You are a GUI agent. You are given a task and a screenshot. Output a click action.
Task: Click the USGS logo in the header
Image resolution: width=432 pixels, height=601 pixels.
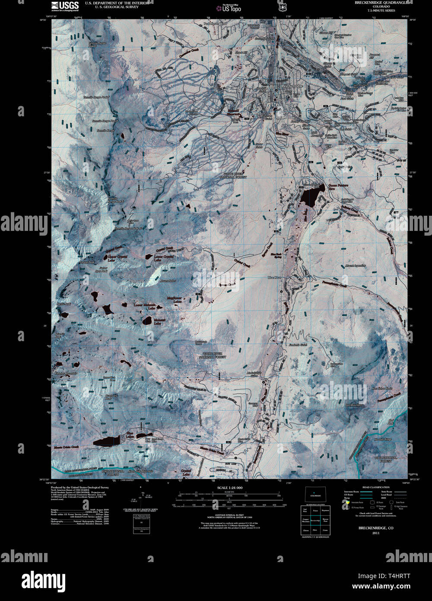click(65, 6)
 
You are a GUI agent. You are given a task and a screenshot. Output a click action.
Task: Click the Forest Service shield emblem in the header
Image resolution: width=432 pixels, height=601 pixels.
click(283, 7)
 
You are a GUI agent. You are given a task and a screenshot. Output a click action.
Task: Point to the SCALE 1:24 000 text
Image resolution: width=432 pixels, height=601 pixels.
click(229, 488)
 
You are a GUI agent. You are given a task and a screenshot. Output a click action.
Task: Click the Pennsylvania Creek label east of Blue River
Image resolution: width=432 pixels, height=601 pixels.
click(335, 285)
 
